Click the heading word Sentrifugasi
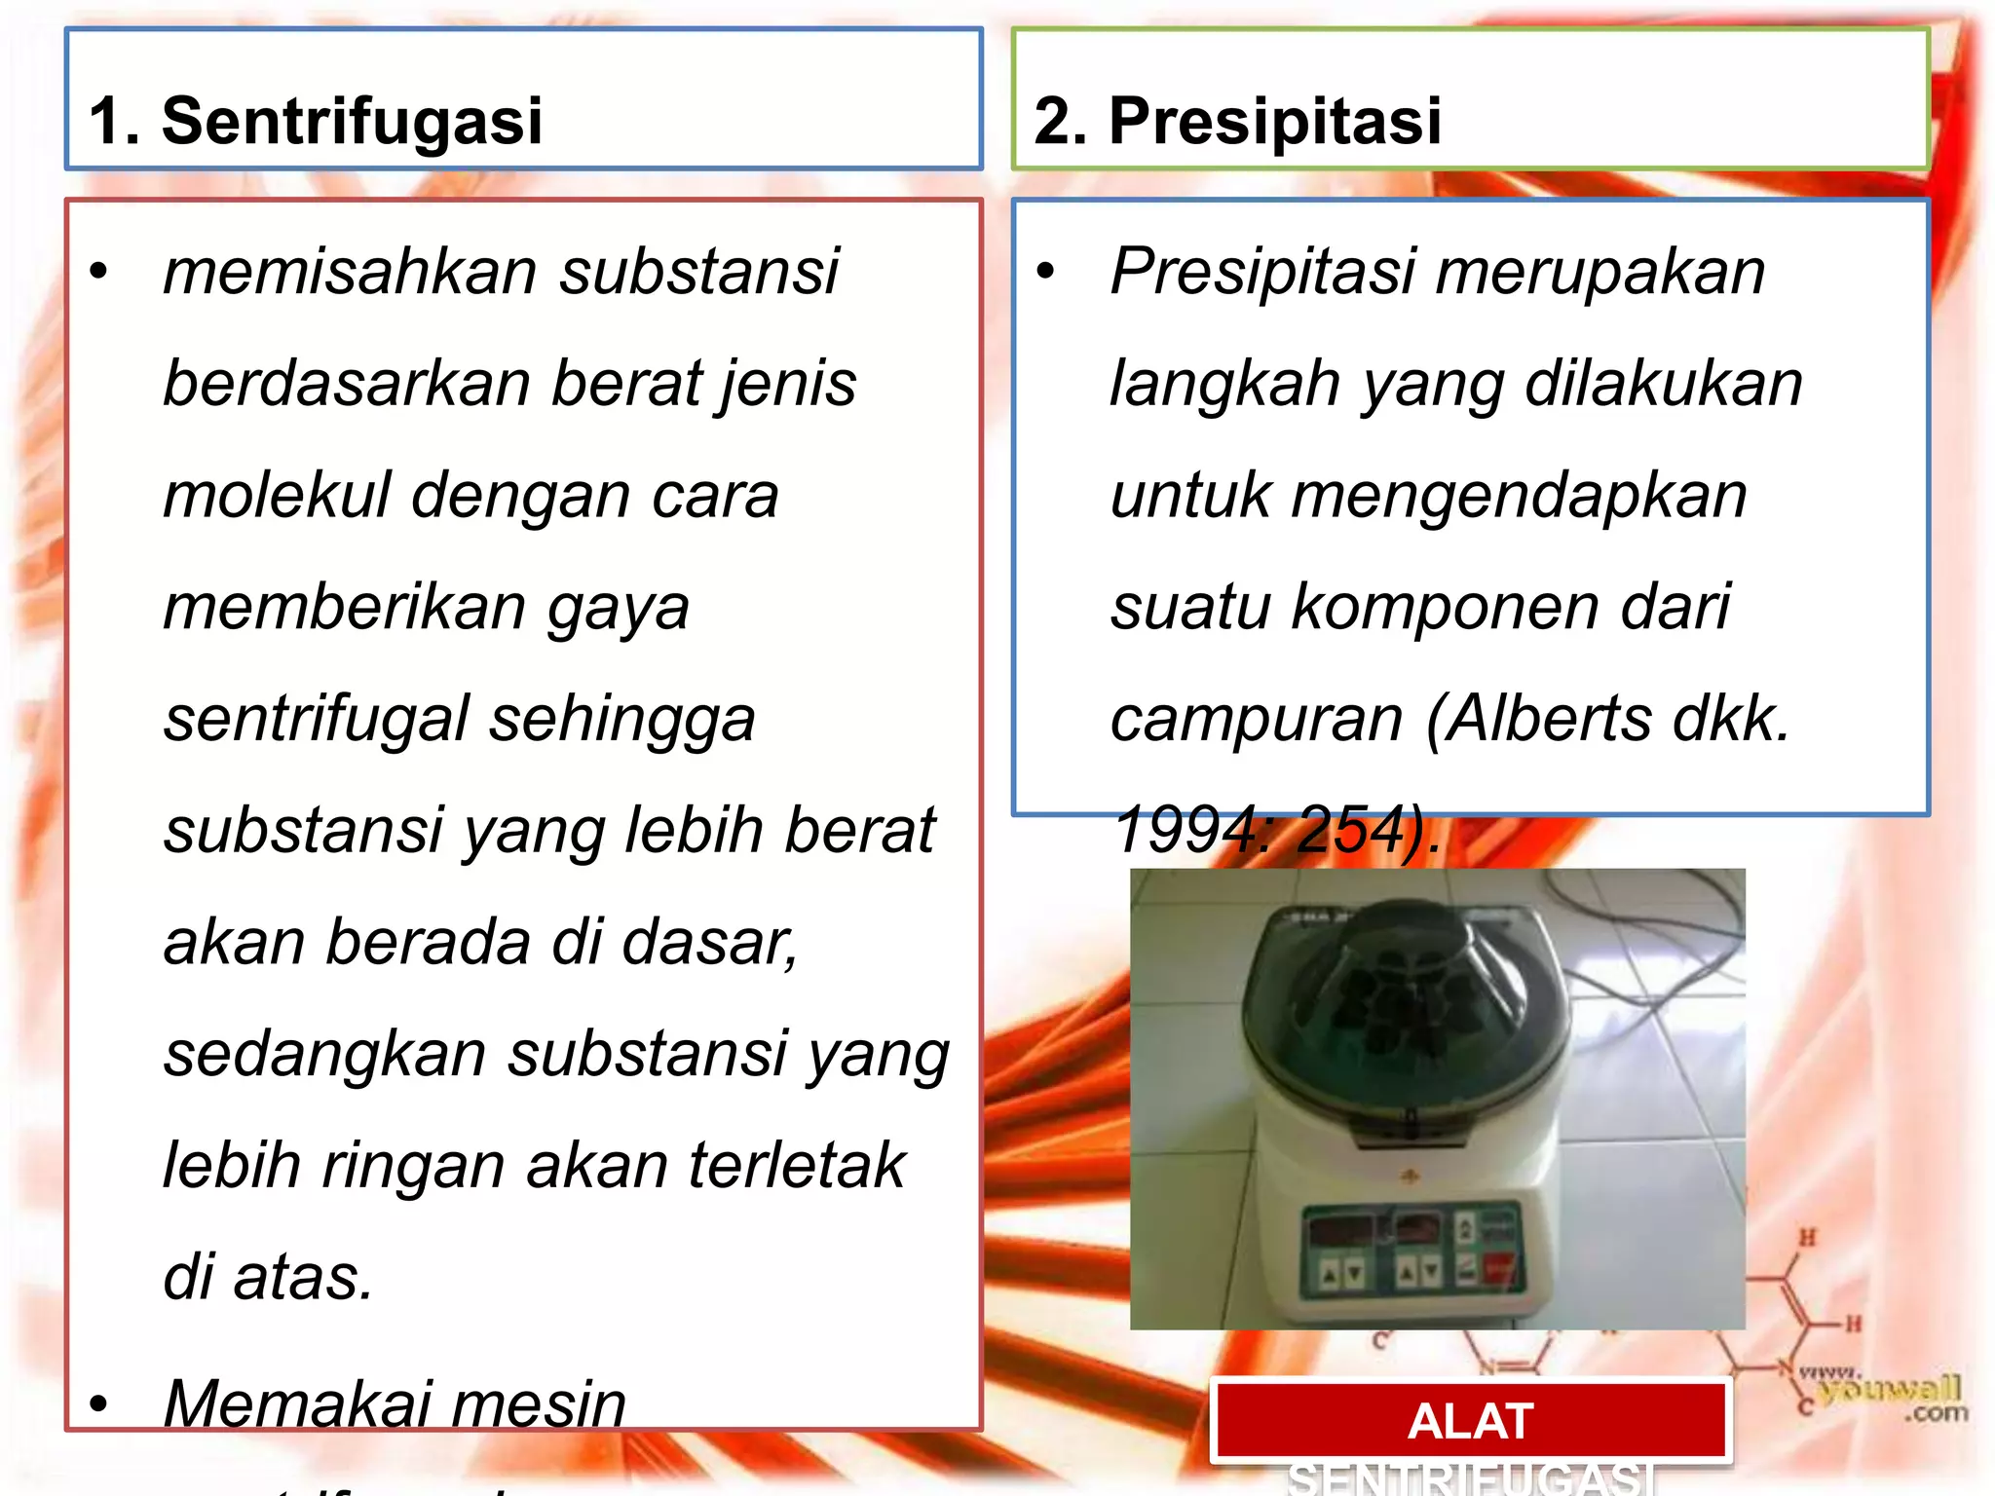[x=352, y=122]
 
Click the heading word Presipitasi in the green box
[x=1275, y=122]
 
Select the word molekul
[x=277, y=495]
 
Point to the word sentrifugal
[x=317, y=719]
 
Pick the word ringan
[x=414, y=1166]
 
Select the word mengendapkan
[x=1519, y=495]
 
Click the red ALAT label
[x=1470, y=1421]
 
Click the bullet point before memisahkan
[x=98, y=273]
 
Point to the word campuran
[x=1257, y=719]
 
